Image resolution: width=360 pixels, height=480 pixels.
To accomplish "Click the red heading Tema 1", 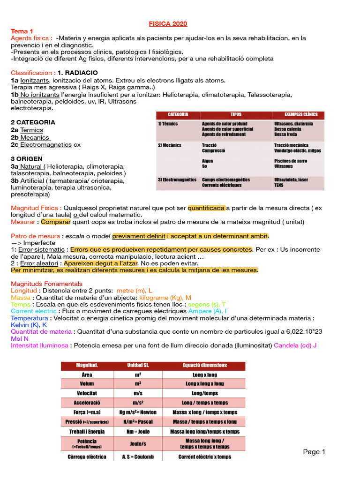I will pyautogui.click(x=22, y=31).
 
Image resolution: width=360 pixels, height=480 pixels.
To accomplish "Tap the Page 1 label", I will pyautogui.click(x=314, y=452).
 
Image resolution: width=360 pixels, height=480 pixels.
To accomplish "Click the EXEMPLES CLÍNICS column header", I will pyautogui.click(x=301, y=114).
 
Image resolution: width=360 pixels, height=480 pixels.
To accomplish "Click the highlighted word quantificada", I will pyautogui.click(x=206, y=208).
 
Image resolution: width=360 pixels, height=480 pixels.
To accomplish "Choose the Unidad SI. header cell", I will pyautogui.click(x=138, y=365).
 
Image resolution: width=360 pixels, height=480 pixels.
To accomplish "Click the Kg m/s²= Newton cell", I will pyautogui.click(x=138, y=412).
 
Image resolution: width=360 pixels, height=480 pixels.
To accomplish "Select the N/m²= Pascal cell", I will pyautogui.click(x=138, y=422).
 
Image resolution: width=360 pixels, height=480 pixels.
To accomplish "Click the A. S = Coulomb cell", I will pyautogui.click(x=138, y=457).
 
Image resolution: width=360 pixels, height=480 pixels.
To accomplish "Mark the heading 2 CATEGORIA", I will pyautogui.click(x=33, y=122).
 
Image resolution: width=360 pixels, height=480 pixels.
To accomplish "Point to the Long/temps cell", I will pyautogui.click(x=205, y=393).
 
